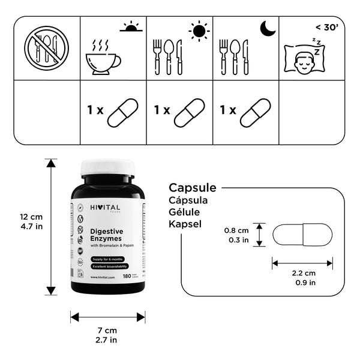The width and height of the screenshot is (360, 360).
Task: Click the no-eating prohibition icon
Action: pyautogui.click(x=47, y=48)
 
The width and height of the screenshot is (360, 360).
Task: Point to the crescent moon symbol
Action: pyautogui.click(x=266, y=28)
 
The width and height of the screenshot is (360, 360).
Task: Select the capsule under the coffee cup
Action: pyautogui.click(x=122, y=112)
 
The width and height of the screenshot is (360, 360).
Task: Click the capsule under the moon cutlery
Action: pyautogui.click(x=256, y=112)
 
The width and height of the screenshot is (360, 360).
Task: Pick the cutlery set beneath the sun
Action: pyautogui.click(x=167, y=57)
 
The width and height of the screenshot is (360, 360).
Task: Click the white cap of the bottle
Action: pyautogui.click(x=107, y=166)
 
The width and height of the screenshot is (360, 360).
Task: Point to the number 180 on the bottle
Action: pyautogui.click(x=127, y=277)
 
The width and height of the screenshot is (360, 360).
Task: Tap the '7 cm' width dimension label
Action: pyautogui.click(x=107, y=330)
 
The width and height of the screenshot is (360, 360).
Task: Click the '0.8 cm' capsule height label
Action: pyautogui.click(x=236, y=230)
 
